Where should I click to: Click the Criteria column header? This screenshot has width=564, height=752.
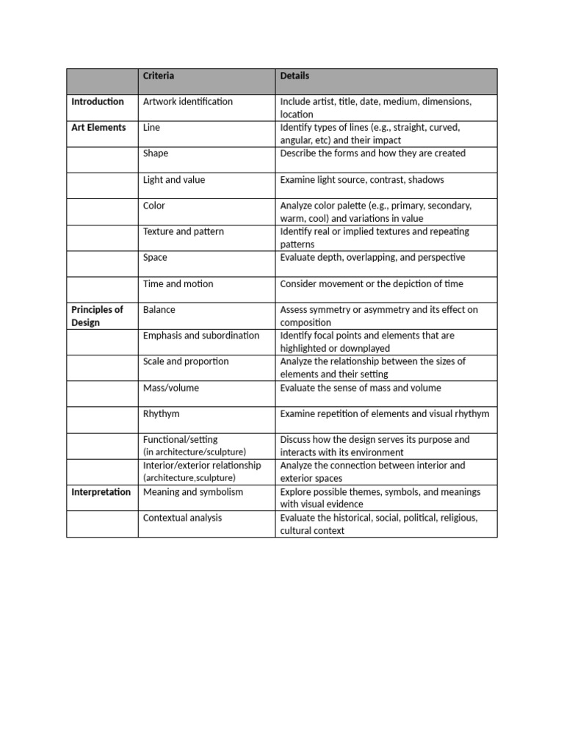[159, 76]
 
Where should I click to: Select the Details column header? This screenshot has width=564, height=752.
[294, 76]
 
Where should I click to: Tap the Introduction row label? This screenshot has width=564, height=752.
[98, 101]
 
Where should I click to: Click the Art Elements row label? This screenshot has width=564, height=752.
[98, 128]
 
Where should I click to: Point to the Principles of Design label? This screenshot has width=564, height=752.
[97, 316]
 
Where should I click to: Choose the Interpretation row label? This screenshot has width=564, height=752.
[101, 492]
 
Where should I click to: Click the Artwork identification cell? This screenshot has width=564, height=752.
[187, 101]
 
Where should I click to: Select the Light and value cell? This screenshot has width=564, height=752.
[174, 180]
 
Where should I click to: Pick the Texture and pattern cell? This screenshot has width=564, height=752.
[184, 231]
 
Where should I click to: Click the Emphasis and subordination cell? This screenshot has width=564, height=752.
[201, 336]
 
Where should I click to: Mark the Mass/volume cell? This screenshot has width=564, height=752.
[170, 388]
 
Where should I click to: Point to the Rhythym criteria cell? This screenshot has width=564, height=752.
[161, 413]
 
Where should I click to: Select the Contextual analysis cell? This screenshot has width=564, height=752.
[182, 518]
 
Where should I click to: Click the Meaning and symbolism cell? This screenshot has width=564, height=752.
[192, 492]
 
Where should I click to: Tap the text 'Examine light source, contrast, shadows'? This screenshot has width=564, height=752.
[362, 180]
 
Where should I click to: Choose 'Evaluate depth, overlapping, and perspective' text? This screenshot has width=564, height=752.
[372, 258]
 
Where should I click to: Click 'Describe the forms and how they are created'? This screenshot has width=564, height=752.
[373, 153]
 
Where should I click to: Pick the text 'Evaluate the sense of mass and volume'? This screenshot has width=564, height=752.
[361, 388]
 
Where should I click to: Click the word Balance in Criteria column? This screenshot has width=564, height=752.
[159, 310]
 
